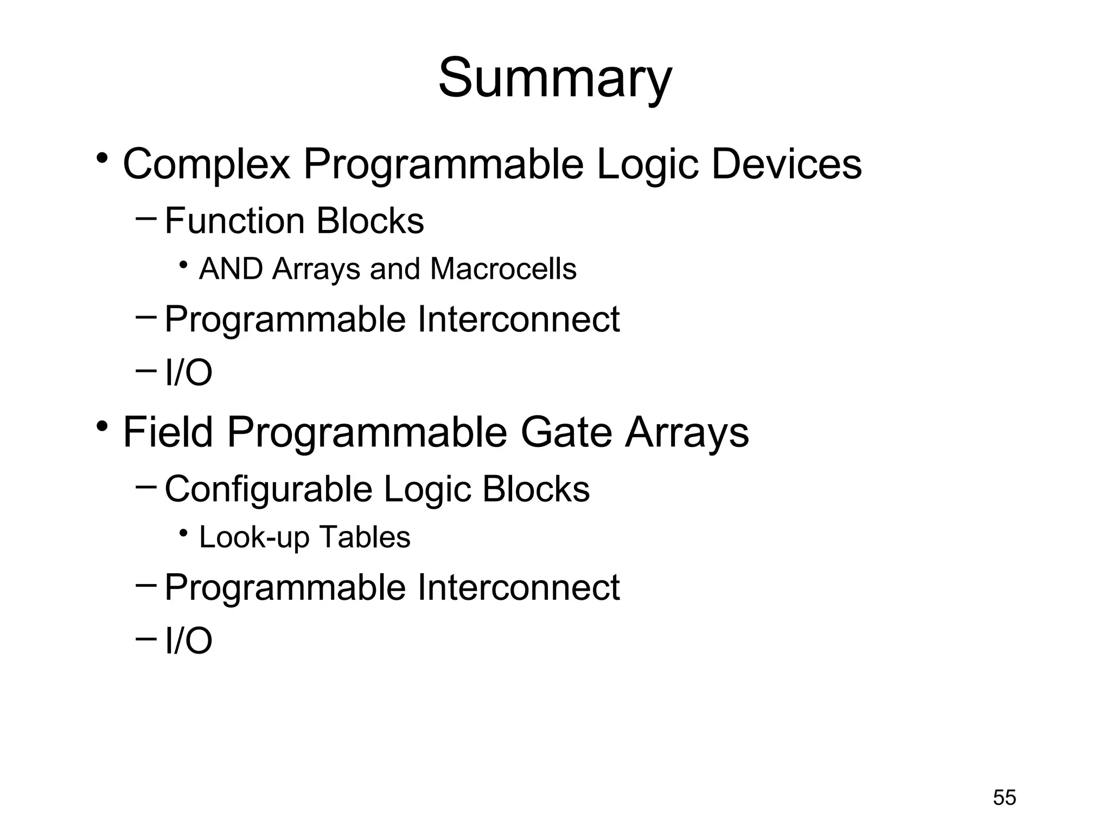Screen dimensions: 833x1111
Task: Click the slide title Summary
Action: (x=555, y=79)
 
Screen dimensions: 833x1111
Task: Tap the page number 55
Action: (x=1004, y=798)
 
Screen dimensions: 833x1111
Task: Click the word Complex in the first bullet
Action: (x=206, y=164)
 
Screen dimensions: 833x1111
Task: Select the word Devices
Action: (x=786, y=164)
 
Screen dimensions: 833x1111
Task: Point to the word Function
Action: (x=234, y=221)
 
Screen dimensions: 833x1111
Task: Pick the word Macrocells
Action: (x=503, y=269)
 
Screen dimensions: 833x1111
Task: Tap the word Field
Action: (x=168, y=432)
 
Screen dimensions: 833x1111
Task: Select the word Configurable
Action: (x=269, y=489)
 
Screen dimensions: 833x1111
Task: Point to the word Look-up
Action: (x=254, y=537)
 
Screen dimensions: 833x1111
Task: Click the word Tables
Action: (x=365, y=537)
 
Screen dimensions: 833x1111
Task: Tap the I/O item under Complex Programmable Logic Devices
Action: (x=188, y=373)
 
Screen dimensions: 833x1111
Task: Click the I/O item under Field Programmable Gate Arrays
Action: (x=188, y=641)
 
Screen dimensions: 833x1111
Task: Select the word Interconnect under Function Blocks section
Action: (x=518, y=319)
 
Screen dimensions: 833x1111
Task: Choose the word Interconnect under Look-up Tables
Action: (x=518, y=587)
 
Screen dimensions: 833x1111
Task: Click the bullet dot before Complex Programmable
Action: (x=101, y=159)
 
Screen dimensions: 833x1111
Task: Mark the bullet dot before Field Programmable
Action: (x=101, y=427)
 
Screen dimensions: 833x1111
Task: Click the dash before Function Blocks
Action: (x=146, y=219)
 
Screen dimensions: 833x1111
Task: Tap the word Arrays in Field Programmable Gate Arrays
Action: (x=687, y=432)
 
